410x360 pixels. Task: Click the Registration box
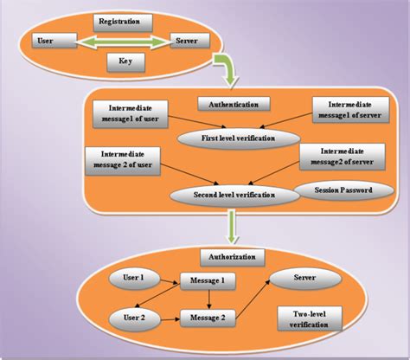[x=122, y=20]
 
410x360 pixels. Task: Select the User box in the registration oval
[x=46, y=40]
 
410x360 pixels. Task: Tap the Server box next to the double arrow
[x=185, y=40]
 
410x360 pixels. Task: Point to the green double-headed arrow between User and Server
[x=116, y=40]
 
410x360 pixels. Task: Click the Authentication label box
[x=234, y=104]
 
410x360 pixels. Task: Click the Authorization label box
[x=235, y=258]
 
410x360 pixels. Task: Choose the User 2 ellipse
[x=131, y=318]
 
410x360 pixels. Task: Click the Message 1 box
[x=207, y=282]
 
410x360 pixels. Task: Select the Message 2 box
[x=207, y=318]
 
